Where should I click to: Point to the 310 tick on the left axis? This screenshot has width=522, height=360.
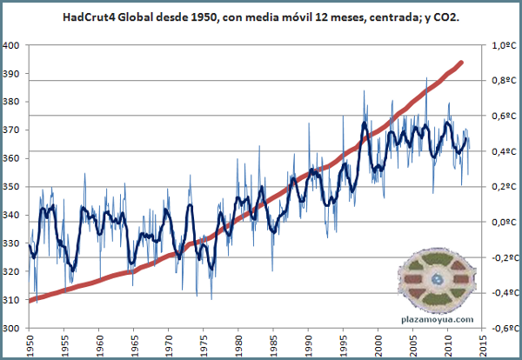[x=12, y=300]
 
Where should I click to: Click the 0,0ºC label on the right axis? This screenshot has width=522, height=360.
[x=505, y=223]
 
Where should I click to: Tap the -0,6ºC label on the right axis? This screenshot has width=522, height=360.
[x=504, y=329]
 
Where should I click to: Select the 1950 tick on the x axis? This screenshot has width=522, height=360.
[x=30, y=345]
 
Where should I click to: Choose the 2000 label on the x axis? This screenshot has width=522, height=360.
[x=378, y=345]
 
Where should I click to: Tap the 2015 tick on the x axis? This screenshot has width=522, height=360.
[x=482, y=345]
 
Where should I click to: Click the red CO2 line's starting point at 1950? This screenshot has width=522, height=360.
[x=31, y=301]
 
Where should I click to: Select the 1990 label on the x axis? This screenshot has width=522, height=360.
[x=308, y=345]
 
